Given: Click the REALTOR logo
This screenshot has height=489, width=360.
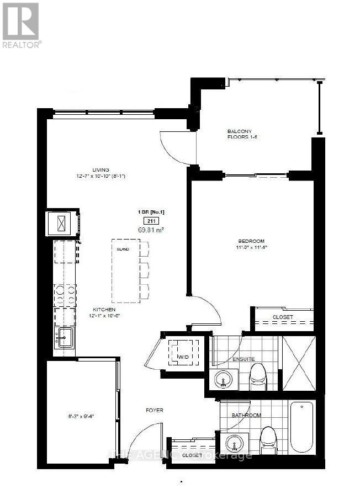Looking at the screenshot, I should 21,25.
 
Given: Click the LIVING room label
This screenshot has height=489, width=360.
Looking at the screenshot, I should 100,169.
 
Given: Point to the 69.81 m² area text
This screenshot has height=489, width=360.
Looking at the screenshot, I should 151,230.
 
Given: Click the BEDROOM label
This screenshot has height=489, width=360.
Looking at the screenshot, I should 251,241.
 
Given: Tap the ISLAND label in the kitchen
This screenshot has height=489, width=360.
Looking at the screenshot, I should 123,249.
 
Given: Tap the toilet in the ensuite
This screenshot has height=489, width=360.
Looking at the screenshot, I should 258,376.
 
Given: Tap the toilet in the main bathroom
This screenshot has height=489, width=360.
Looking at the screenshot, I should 267,438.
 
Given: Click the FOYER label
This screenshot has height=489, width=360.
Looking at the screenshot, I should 154,410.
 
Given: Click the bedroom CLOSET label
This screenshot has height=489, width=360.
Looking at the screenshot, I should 283,317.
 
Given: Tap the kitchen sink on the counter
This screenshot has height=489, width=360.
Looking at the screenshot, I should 65,336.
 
